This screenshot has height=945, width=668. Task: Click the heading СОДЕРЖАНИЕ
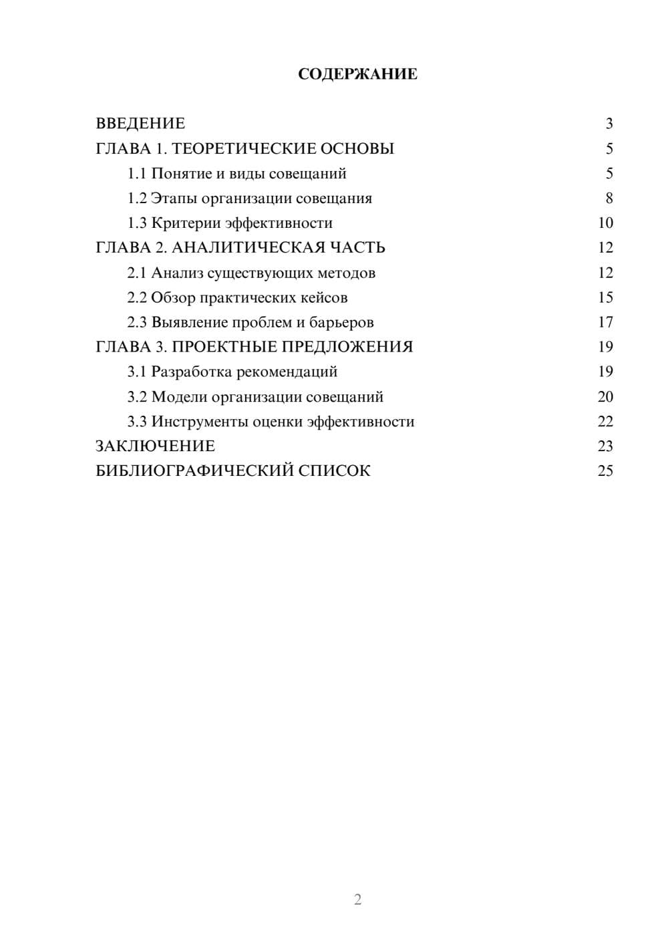(x=357, y=74)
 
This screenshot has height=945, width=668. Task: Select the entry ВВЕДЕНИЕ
(x=140, y=124)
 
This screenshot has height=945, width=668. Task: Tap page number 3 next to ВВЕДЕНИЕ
(x=609, y=124)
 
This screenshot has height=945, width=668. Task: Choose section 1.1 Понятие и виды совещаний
(x=237, y=174)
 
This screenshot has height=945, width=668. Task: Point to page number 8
(x=609, y=198)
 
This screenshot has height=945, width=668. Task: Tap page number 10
(x=605, y=223)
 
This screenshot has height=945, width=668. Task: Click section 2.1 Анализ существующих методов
(x=251, y=273)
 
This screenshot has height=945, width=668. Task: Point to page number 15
(x=605, y=297)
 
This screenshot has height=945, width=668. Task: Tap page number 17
(x=605, y=322)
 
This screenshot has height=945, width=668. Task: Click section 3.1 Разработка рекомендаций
(x=232, y=372)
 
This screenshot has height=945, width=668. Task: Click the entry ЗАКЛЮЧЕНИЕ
(x=156, y=446)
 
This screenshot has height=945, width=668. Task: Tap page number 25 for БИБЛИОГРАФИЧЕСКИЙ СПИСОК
(x=605, y=471)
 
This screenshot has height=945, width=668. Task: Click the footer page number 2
(x=357, y=899)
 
